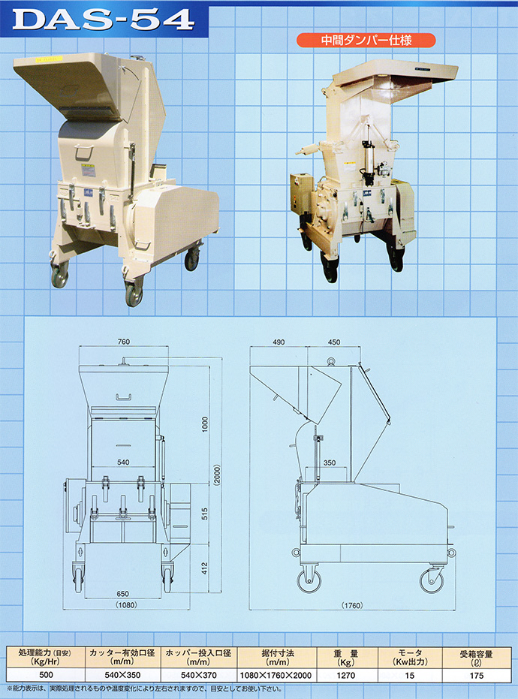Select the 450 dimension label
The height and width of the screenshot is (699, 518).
pyautogui.click(x=333, y=342)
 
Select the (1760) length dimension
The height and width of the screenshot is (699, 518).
pyautogui.click(x=351, y=605)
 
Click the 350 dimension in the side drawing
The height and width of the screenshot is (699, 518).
pyautogui.click(x=330, y=463)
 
